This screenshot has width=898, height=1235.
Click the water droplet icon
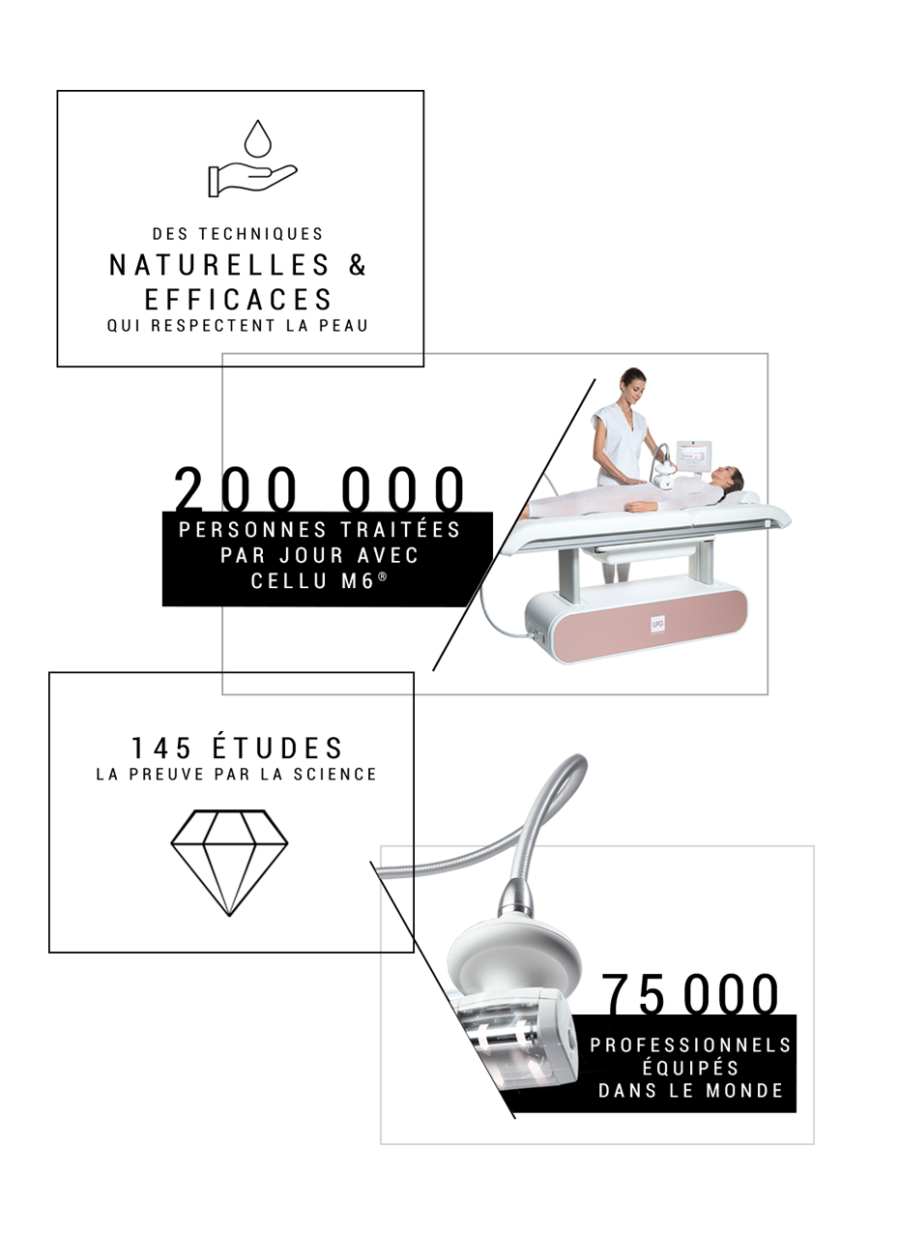(257, 139)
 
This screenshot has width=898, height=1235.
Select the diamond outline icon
(229, 863)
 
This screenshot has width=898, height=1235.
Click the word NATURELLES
(219, 265)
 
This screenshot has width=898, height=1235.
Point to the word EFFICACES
(238, 300)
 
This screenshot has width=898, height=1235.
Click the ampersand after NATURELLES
(358, 265)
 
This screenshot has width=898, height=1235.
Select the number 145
(160, 749)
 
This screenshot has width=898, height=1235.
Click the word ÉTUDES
(277, 748)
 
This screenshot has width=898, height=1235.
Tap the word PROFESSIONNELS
(691, 1044)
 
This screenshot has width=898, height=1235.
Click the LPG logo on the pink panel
(658, 624)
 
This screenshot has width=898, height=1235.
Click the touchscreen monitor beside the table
(693, 455)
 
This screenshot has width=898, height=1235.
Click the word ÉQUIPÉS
(690, 1068)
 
